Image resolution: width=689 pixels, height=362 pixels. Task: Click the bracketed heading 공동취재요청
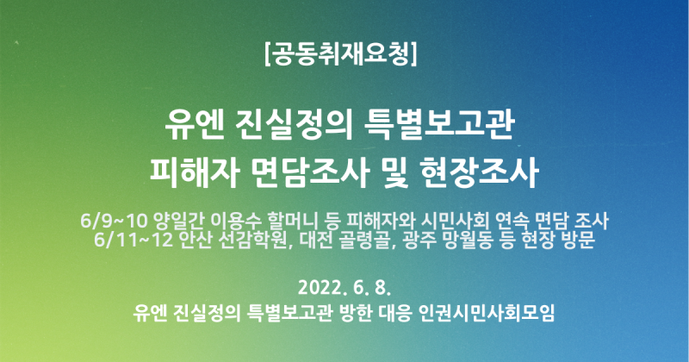(x=341, y=54)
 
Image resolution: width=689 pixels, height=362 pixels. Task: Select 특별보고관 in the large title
(x=439, y=127)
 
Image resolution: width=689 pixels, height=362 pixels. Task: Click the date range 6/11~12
(x=133, y=240)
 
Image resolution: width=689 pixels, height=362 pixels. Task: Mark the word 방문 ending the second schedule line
(x=579, y=240)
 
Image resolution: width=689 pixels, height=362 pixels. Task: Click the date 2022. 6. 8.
(x=344, y=288)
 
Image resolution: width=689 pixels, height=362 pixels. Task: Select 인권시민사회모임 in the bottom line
(x=487, y=313)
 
